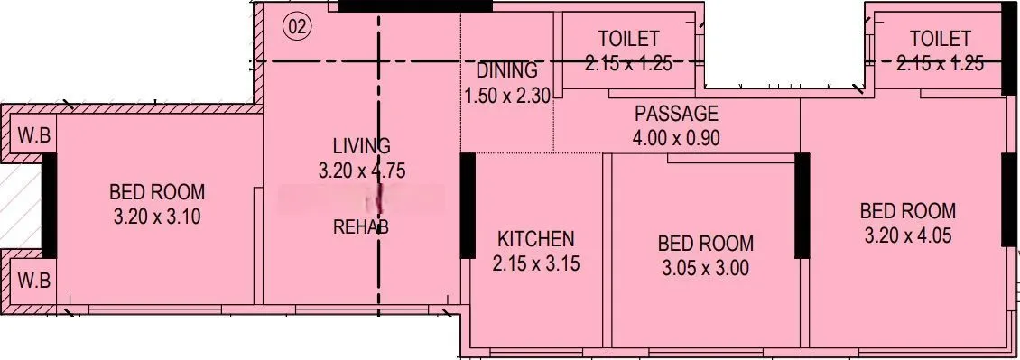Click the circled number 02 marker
297,27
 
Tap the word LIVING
361,145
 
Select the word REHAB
361,226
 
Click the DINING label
506,70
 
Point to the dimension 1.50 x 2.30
507,95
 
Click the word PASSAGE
676,114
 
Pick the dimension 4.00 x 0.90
676,138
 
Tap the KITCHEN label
535,239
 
